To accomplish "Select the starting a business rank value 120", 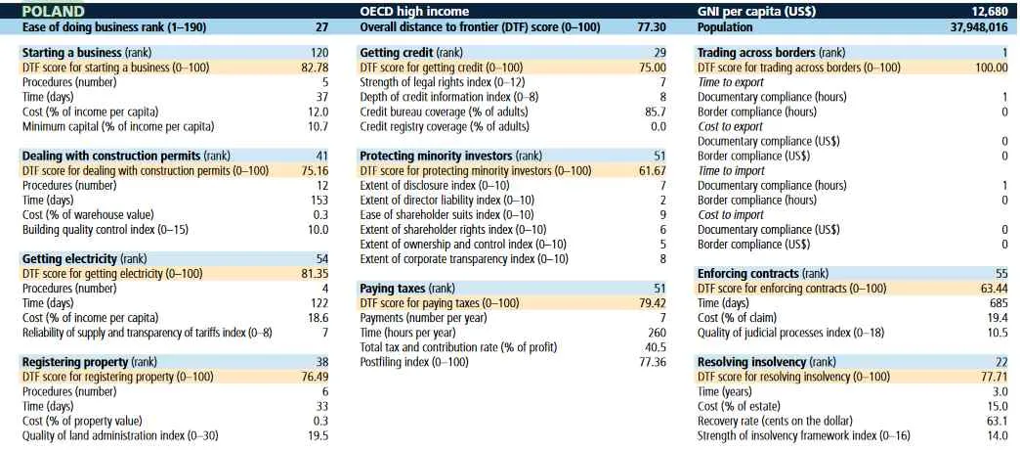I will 319,51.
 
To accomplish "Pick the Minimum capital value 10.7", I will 318,127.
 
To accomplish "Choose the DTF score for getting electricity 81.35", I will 314,274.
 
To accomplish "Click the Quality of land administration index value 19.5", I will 318,436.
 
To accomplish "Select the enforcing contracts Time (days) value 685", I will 997,303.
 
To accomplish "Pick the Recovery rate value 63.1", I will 996,421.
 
